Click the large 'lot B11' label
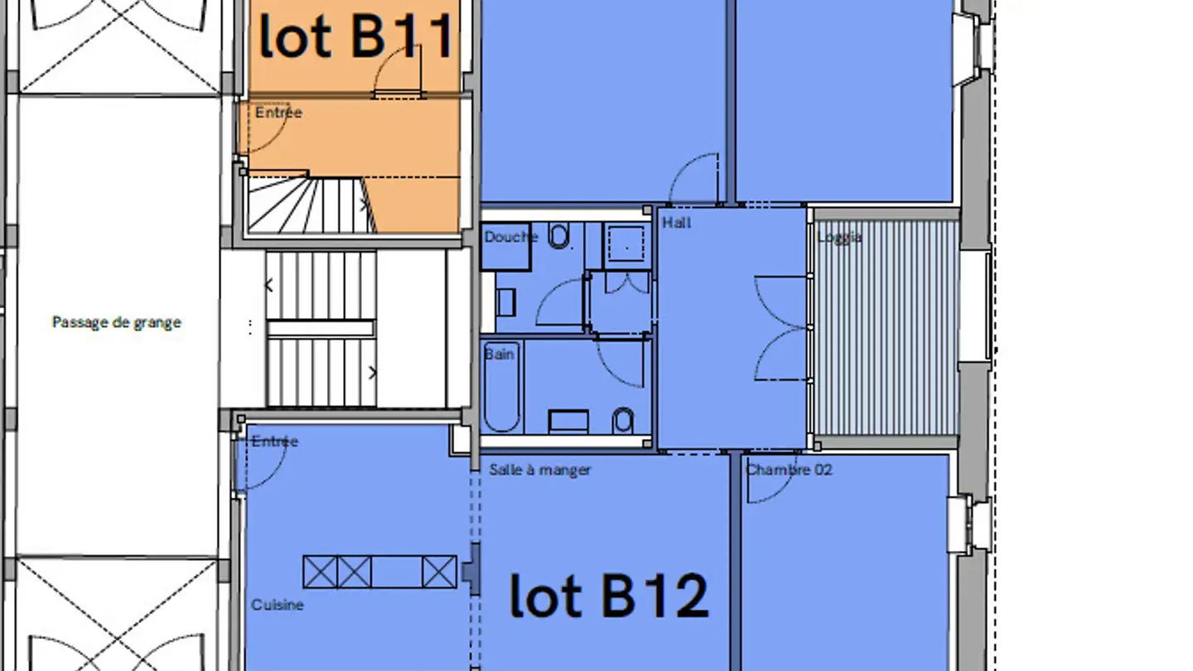click(355, 36)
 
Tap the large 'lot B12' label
click(609, 596)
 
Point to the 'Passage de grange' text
click(117, 323)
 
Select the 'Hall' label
click(676, 223)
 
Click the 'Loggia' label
click(839, 238)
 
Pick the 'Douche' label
click(510, 237)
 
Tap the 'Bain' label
click(500, 355)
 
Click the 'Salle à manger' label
click(540, 470)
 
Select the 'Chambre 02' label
click(788, 470)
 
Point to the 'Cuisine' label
click(277, 605)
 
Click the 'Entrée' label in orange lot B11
click(278, 113)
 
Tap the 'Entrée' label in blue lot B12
click(275, 441)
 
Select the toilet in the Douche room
click(558, 236)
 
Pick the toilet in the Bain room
click(623, 421)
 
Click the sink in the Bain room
click(569, 421)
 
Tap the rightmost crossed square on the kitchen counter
click(439, 572)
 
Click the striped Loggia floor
click(887, 327)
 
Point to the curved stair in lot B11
click(312, 205)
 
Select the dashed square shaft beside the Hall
click(626, 244)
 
